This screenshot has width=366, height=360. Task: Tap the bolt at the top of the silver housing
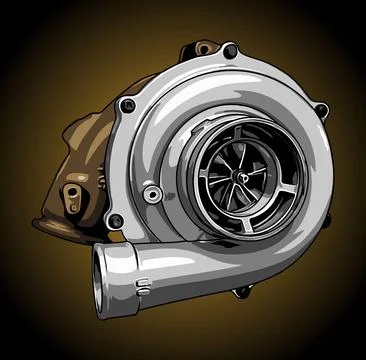pos(231,49)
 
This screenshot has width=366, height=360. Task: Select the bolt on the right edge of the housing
pos(320,110)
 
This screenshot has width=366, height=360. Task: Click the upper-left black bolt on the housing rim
pos(127,105)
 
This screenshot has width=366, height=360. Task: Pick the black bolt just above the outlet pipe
pos(116,220)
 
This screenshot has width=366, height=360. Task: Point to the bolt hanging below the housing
pos(240,291)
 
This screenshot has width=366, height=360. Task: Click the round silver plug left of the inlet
pos(152,193)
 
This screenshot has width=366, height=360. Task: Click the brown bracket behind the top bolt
pos(206,47)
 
